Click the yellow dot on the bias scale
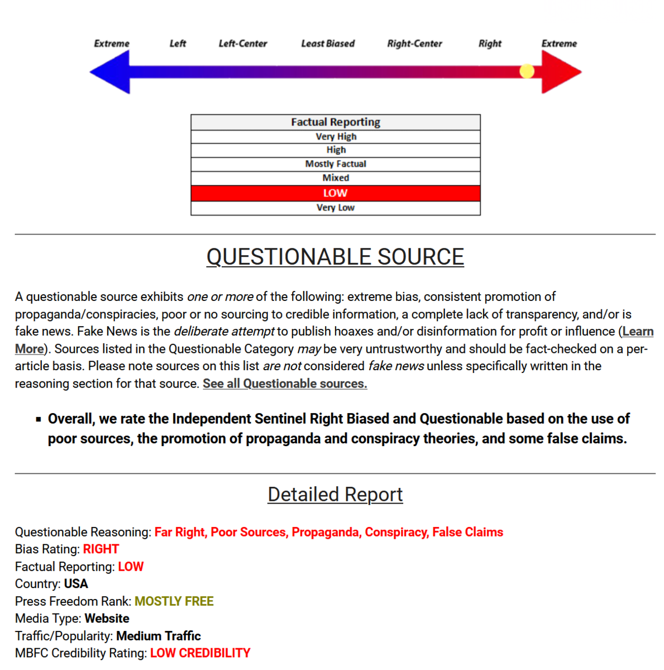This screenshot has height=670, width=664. (x=527, y=71)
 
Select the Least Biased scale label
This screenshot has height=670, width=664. (x=328, y=44)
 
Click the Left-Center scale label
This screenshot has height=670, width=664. (x=243, y=44)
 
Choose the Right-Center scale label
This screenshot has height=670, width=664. (x=414, y=44)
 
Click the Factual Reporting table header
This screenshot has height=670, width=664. (x=336, y=122)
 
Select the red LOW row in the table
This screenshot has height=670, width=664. (x=336, y=193)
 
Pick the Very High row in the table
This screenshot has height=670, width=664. (x=336, y=137)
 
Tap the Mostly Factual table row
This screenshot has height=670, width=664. (x=336, y=164)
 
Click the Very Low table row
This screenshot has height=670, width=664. (x=336, y=208)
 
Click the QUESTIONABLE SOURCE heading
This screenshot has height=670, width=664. (x=335, y=257)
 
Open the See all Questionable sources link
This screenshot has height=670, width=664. (x=285, y=384)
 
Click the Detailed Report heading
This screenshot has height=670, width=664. (x=335, y=495)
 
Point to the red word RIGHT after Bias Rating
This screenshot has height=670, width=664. (x=101, y=549)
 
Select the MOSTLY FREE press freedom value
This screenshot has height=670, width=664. (x=174, y=601)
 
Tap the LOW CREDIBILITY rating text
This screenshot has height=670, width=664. (x=200, y=653)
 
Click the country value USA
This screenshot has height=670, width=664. (x=76, y=584)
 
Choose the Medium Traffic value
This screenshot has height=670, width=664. (x=159, y=636)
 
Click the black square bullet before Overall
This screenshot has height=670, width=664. (x=39, y=419)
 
